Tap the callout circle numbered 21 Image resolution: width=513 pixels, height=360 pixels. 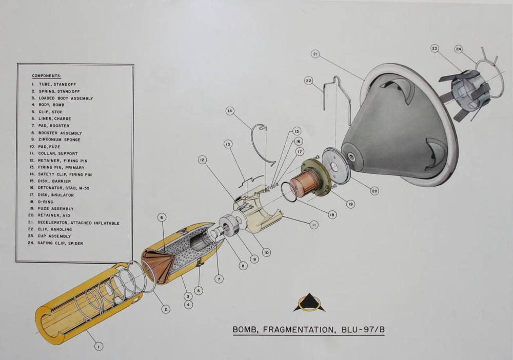click(315, 54)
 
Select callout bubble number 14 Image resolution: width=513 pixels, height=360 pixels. click(230, 110)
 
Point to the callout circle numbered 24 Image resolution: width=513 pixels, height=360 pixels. click(458, 49)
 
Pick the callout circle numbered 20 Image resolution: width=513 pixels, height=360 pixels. click(374, 191)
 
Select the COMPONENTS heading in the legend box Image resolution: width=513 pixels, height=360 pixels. click(46, 76)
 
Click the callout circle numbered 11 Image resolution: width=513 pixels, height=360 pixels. click(313, 225)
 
